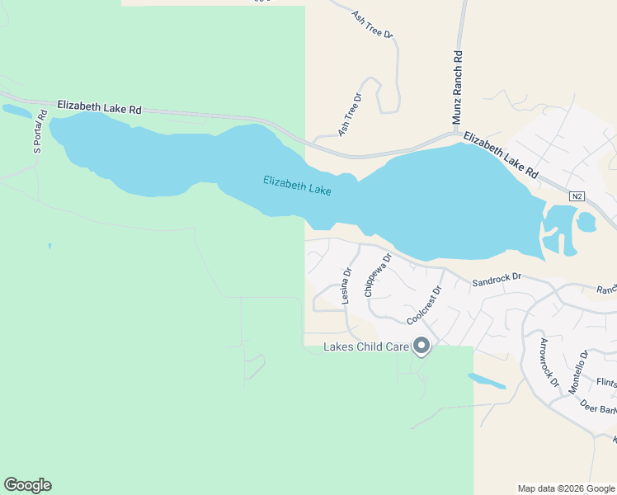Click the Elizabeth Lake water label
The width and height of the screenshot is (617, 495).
point(297,186)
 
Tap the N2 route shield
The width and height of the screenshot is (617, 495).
point(577,196)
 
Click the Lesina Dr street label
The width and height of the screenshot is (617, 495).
point(346,286)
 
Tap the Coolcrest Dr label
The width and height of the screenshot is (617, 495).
point(425,305)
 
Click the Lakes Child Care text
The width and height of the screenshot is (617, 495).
point(366,346)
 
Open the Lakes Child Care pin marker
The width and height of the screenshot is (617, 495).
point(422,346)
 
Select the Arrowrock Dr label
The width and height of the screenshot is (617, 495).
point(549,363)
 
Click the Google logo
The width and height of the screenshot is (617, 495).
point(27,485)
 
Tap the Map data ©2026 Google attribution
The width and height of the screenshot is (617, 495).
point(565,488)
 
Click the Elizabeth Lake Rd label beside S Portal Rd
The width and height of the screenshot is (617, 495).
point(99,107)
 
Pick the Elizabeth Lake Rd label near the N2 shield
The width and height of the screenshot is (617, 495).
point(500,155)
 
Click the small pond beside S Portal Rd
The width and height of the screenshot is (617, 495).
point(16,110)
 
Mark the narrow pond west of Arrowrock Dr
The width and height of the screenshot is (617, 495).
point(487,381)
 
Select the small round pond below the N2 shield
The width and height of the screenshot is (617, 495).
point(586,222)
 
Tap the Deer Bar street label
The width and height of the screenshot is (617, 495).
point(598,407)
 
